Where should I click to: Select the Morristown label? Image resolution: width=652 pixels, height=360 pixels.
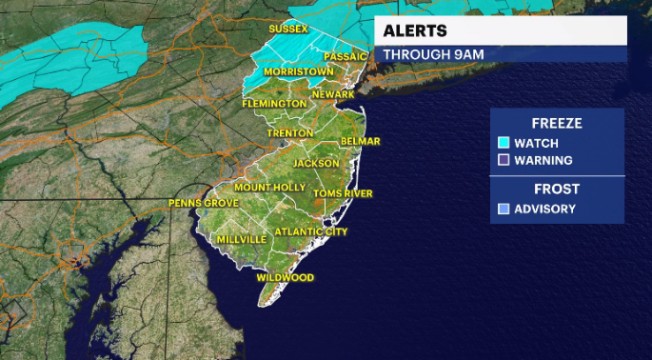tap(300, 71)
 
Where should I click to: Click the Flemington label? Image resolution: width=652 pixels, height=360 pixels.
tap(274, 103)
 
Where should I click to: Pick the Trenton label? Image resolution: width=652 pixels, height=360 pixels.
tap(291, 132)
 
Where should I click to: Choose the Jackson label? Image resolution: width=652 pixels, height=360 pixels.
tap(315, 163)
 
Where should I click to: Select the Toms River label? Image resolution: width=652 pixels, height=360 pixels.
tap(343, 194)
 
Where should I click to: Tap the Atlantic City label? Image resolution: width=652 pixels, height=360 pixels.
tap(310, 231)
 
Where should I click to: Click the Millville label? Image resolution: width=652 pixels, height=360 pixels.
tap(245, 239)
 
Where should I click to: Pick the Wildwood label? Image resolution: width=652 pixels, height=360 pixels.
tap(285, 277)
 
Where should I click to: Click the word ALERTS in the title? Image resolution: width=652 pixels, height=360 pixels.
tap(415, 30)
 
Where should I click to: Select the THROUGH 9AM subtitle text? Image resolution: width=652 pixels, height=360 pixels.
tap(433, 54)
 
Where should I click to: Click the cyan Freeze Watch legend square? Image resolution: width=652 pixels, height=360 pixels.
tap(504, 143)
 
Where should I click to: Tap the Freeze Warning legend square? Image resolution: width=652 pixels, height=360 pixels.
tap(504, 160)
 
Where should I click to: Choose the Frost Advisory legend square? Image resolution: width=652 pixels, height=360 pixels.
tap(504, 209)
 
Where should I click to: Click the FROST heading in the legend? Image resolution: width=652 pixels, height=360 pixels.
tap(557, 189)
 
